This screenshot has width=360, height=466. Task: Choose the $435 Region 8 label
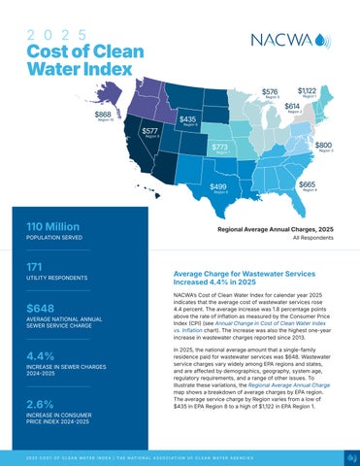(189, 120)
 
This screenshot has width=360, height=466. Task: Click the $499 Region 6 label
(219, 187)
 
